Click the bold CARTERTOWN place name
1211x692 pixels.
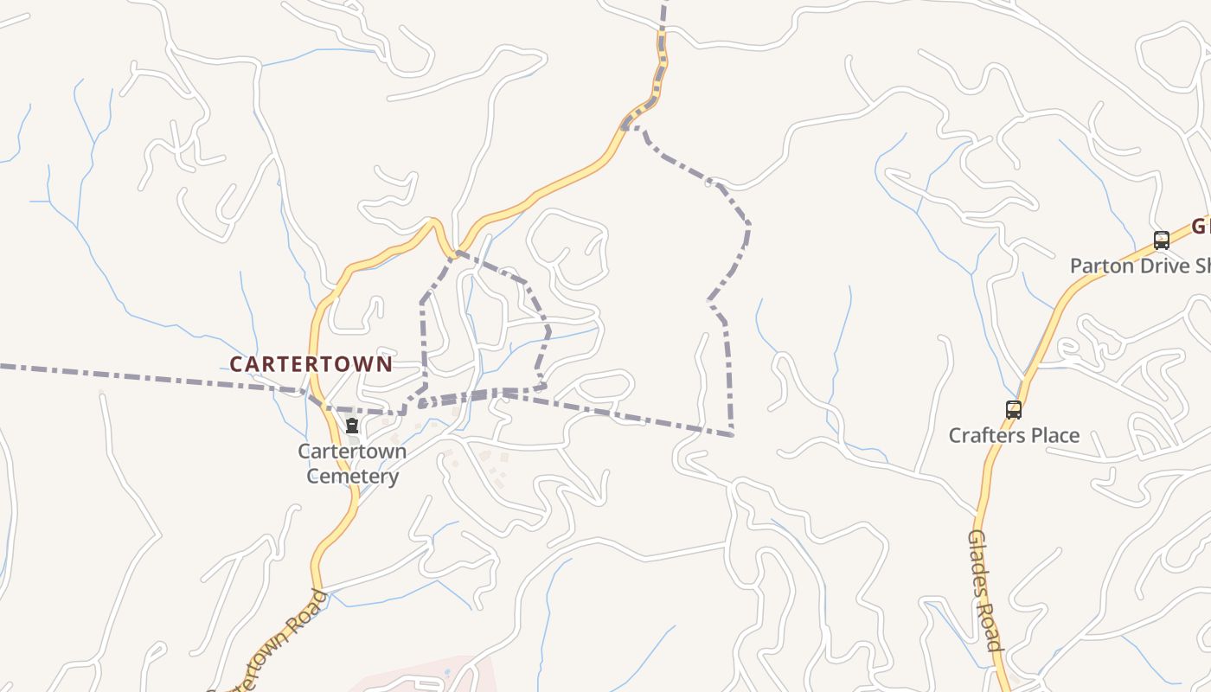pos(311,364)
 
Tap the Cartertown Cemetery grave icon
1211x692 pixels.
pos(352,426)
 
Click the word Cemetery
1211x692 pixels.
pos(353,476)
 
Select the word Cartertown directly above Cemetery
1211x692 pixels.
pos(352,452)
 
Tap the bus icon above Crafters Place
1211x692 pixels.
pos(1013,410)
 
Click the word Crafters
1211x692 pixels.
pos(987,435)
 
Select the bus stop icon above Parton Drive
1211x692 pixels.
pos(1161,240)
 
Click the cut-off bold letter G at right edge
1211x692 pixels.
pos(1201,227)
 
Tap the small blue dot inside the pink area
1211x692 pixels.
pos(447,672)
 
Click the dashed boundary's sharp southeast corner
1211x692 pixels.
pos(732,433)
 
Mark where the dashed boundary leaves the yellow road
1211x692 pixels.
pos(624,127)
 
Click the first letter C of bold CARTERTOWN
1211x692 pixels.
pos(235,364)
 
